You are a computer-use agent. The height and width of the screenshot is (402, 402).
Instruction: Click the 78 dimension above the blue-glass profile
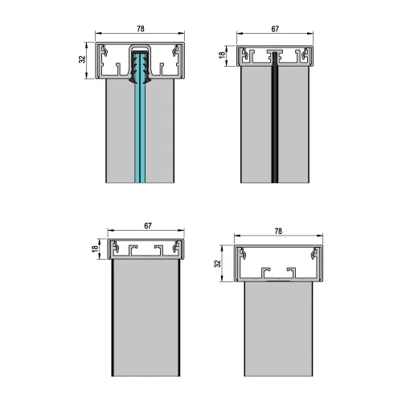141,29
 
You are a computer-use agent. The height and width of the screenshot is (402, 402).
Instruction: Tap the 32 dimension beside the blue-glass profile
82,59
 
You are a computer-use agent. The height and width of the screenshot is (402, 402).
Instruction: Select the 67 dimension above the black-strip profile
275,29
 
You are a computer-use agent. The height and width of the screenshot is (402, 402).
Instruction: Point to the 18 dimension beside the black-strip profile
222,55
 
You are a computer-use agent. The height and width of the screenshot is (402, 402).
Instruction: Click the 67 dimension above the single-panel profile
148,226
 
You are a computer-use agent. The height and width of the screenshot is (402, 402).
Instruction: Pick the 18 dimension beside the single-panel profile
95,248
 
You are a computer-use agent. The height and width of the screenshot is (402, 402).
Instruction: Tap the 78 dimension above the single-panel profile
278,231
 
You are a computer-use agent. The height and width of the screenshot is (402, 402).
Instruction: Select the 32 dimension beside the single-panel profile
218,264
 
